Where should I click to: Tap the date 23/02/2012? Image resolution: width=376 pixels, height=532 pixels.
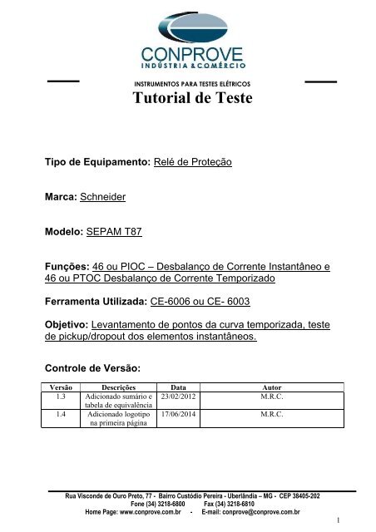click(x=178, y=397)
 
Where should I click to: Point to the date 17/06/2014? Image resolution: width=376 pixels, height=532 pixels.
click(x=178, y=412)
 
